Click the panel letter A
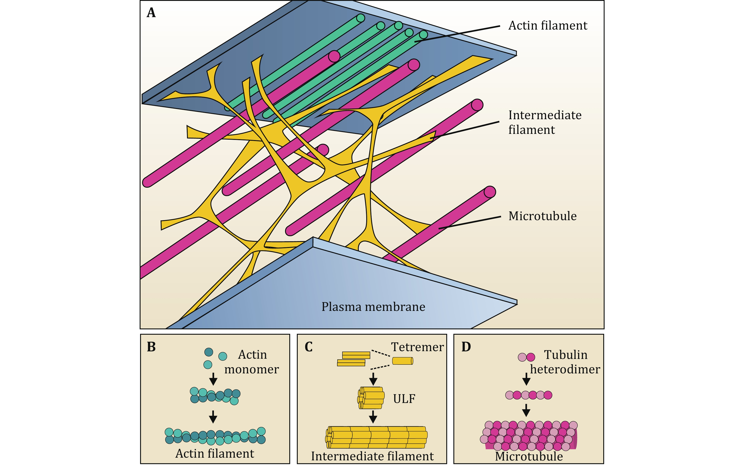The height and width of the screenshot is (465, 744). click(x=151, y=13)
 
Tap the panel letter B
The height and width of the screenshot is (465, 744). click(x=151, y=347)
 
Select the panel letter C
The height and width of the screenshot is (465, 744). click(x=308, y=347)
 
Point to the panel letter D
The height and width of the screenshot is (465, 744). click(x=466, y=347)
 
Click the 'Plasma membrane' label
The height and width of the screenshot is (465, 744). click(x=373, y=307)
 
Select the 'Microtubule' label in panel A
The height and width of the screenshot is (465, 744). click(x=542, y=216)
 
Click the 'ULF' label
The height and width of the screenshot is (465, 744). click(x=404, y=399)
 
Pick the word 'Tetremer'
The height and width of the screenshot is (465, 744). click(x=417, y=347)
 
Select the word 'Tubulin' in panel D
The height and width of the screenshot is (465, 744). click(x=565, y=355)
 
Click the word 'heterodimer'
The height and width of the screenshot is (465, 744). click(x=565, y=369)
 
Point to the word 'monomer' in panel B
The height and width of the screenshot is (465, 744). click(x=251, y=369)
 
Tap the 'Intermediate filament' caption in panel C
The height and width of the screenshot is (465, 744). click(x=372, y=456)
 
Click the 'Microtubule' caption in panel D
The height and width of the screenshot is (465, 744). click(x=529, y=456)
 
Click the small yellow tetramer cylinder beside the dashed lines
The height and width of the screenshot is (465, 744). click(x=402, y=361)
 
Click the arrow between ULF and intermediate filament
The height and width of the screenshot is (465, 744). click(x=373, y=417)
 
